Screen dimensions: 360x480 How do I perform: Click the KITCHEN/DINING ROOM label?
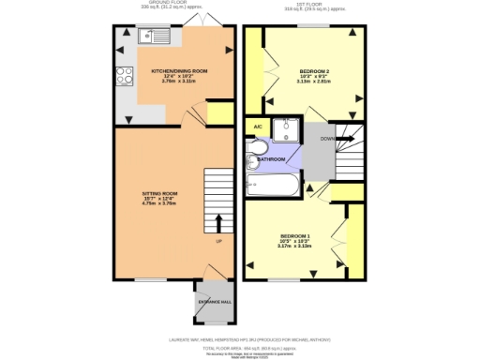point(172,71)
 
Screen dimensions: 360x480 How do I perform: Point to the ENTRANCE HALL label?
point(213,299)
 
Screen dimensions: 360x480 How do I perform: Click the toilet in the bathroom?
point(257,156)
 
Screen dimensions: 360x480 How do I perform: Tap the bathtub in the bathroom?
point(272,187)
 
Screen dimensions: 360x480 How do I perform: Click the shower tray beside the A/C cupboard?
point(284,128)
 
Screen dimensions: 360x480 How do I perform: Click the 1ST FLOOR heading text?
point(309,3)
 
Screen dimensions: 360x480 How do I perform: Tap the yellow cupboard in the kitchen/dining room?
point(219,113)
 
